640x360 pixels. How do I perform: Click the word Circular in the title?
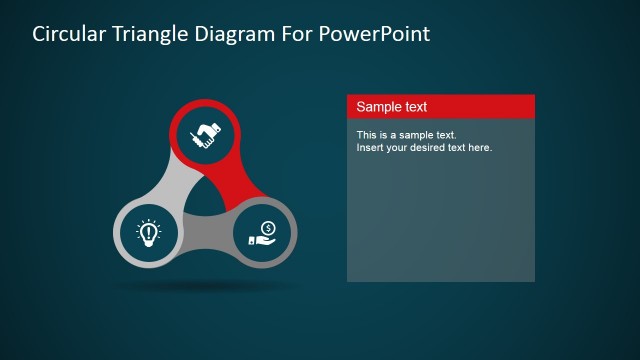pyautogui.click(x=67, y=34)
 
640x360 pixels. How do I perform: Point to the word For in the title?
pyautogui.click(x=293, y=34)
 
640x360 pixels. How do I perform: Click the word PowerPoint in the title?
pyautogui.click(x=373, y=34)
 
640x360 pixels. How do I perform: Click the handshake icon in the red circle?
pyautogui.click(x=206, y=134)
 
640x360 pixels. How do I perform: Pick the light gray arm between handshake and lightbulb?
pyautogui.click(x=167, y=180)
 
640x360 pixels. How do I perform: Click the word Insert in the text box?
pyautogui.click(x=371, y=148)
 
